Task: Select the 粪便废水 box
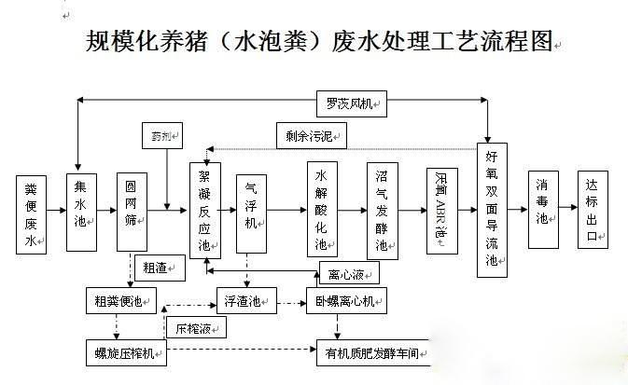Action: point(31,213)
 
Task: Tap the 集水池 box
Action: point(80,209)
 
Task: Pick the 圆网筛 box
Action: point(132,211)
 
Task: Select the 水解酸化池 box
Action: point(322,210)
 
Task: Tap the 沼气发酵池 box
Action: point(382,211)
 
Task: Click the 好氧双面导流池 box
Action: point(492,211)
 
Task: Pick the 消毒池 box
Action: point(542,210)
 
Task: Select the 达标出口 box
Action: point(592,210)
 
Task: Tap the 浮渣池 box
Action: point(246,300)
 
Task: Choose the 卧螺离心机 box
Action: point(346,300)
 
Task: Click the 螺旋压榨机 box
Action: point(125,353)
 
